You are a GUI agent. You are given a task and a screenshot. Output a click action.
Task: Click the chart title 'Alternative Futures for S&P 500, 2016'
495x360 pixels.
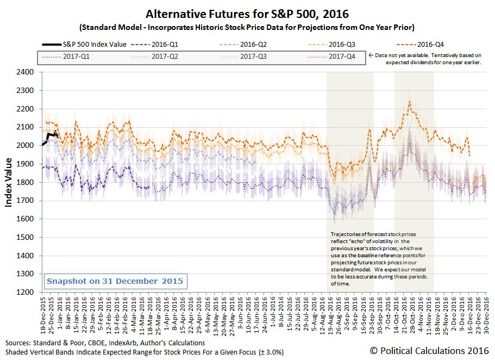click(x=247, y=13)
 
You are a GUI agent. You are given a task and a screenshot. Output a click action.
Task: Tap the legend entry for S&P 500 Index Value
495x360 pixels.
click(x=84, y=44)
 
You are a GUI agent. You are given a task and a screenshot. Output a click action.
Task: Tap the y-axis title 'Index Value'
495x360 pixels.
click(x=9, y=182)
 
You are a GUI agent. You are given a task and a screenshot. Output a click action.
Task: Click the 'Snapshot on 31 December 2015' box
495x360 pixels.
click(x=115, y=282)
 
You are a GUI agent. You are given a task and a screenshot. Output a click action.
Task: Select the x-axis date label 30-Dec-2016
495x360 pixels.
click(x=486, y=315)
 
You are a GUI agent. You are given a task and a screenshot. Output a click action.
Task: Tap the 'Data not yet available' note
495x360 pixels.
click(x=429, y=59)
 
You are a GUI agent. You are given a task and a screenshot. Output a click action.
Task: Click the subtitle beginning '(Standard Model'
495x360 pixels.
click(x=247, y=27)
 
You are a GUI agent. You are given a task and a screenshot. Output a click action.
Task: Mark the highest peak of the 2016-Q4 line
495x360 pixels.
click(x=409, y=101)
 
